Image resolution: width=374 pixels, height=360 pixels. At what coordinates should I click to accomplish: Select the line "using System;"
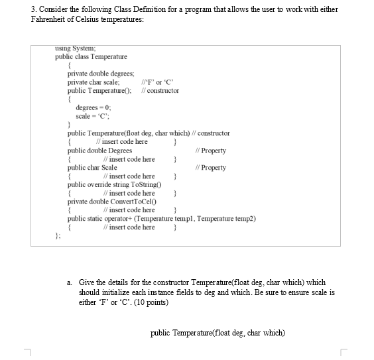(76, 48)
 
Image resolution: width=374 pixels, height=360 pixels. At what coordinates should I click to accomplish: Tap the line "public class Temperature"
(91, 57)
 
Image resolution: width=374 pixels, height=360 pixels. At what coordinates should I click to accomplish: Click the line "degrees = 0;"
(93, 107)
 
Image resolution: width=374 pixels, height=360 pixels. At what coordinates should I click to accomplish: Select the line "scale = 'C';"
(92, 115)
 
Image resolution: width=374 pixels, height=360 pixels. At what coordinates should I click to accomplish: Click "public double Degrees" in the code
(99, 150)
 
